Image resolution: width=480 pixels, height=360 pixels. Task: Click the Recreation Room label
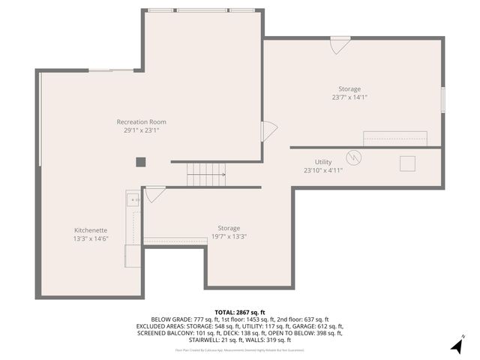[141, 121]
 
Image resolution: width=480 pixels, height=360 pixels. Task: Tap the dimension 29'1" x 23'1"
[141, 130]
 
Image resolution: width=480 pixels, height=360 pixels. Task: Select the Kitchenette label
[90, 229]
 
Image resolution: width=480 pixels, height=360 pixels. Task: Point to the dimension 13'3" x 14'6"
[90, 238]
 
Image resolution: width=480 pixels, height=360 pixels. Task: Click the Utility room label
[322, 162]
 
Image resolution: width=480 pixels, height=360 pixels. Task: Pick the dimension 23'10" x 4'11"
[322, 170]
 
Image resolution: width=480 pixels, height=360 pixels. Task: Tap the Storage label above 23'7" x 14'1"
[349, 88]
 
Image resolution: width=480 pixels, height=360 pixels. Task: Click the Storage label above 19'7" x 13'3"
[229, 228]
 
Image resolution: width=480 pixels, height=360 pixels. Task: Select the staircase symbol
[205, 175]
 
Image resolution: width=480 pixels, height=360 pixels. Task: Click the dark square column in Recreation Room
[140, 161]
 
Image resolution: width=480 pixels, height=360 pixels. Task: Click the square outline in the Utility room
[409, 163]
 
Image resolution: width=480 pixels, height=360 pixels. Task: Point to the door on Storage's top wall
[340, 44]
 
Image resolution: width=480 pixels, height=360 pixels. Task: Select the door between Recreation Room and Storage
[268, 131]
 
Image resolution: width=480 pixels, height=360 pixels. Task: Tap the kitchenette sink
[132, 199]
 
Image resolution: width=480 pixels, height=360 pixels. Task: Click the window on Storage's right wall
[443, 98]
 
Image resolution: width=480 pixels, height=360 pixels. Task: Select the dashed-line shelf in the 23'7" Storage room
[394, 139]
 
